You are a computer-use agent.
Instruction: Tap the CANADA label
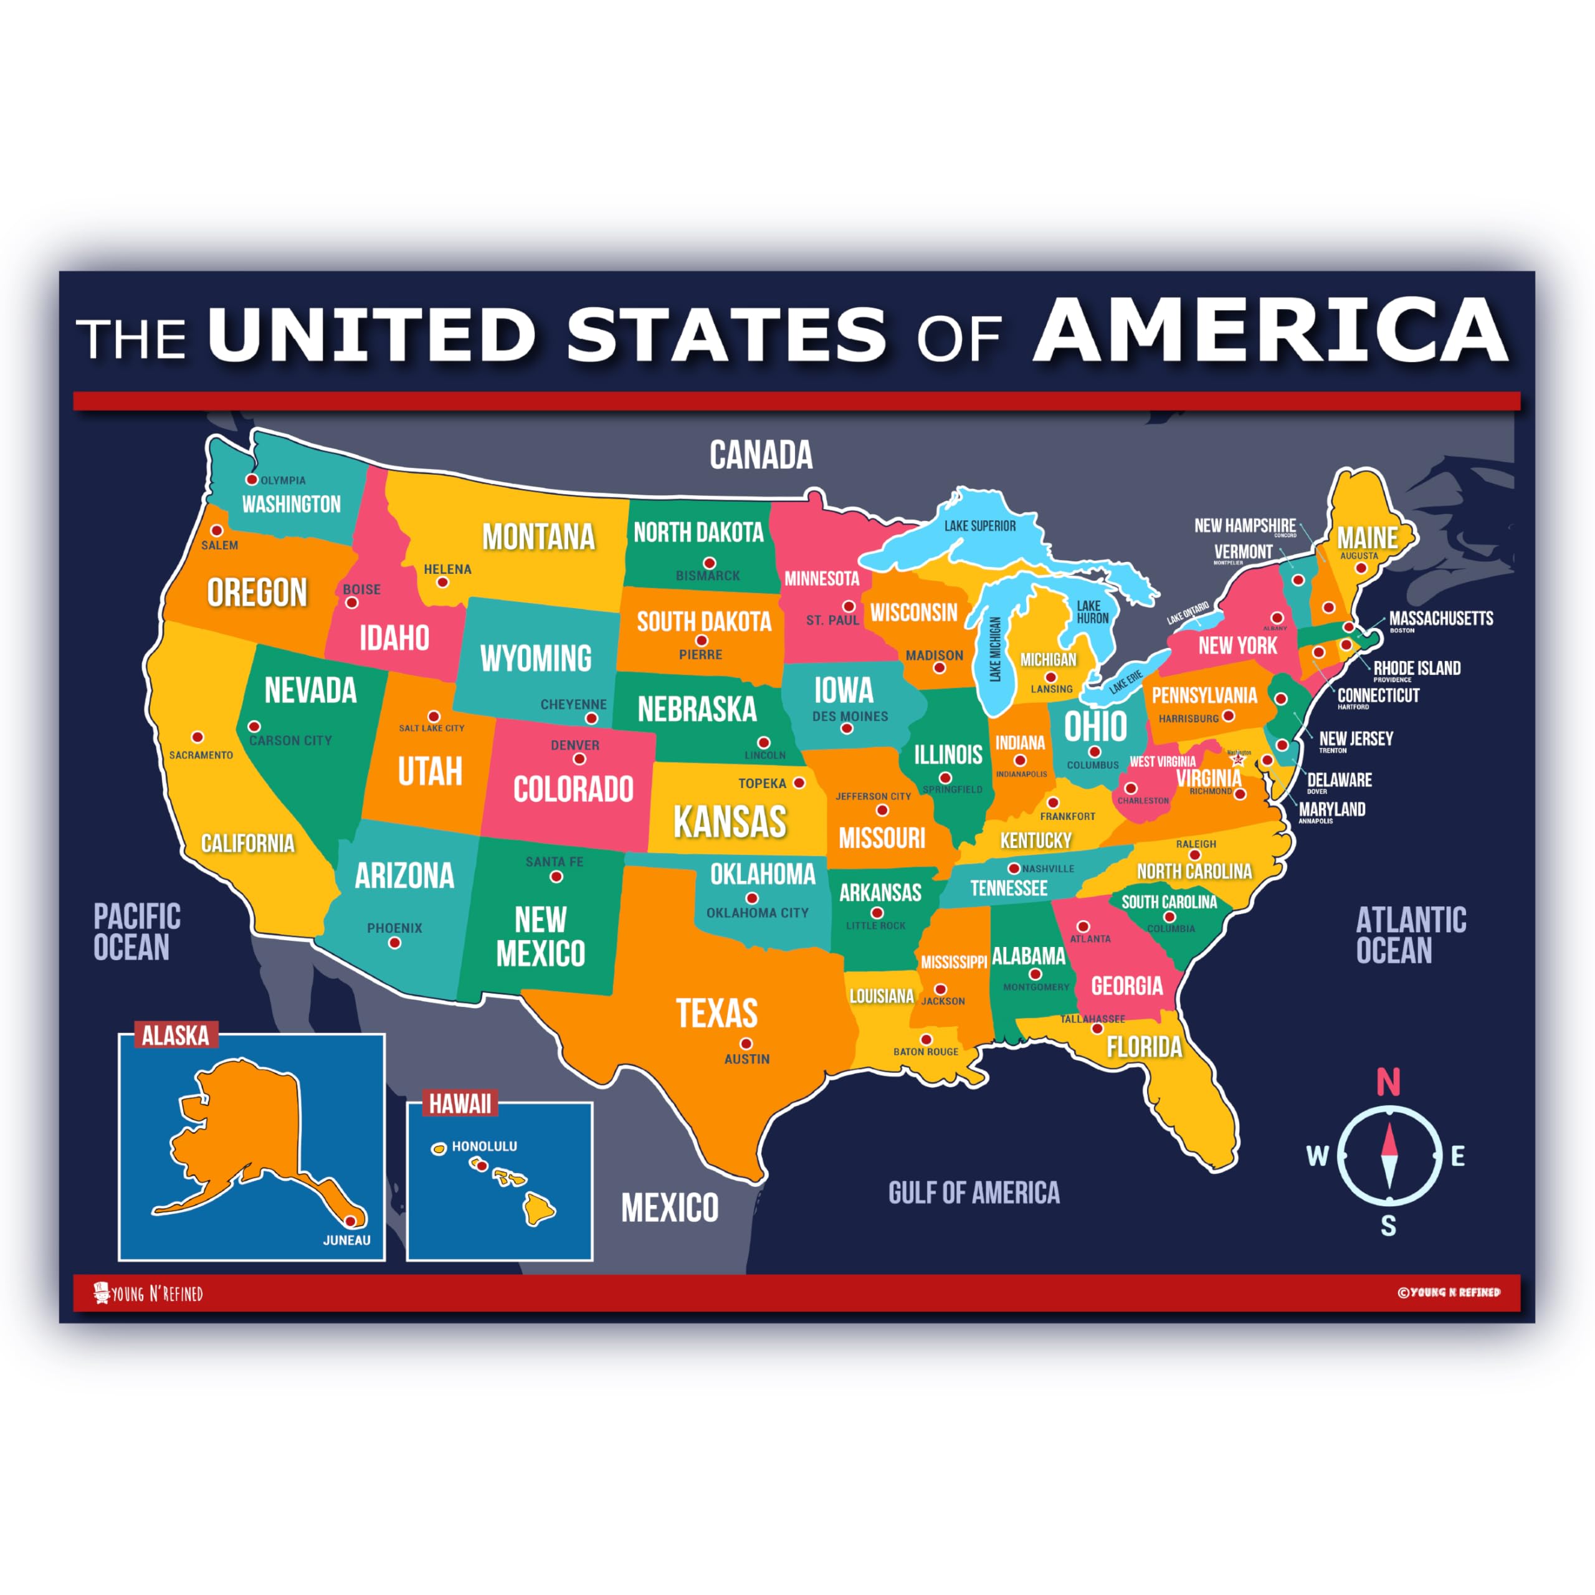pyautogui.click(x=760, y=455)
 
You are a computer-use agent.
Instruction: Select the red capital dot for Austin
pyautogui.click(x=746, y=1044)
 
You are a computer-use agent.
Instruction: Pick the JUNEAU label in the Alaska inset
pyautogui.click(x=347, y=1240)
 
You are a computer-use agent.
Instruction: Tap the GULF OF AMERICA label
pyautogui.click(x=973, y=1192)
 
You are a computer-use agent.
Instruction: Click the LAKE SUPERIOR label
pyautogui.click(x=980, y=526)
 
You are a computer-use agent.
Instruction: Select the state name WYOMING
pyautogui.click(x=536, y=658)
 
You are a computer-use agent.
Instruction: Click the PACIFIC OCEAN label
pyautogui.click(x=136, y=932)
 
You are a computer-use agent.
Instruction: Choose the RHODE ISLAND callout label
pyautogui.click(x=1417, y=668)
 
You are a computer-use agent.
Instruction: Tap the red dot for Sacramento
pyautogui.click(x=198, y=736)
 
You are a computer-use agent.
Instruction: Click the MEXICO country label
pyautogui.click(x=670, y=1208)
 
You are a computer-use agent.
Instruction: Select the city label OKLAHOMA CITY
pyautogui.click(x=757, y=912)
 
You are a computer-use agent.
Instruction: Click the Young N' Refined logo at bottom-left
pyautogui.click(x=149, y=1293)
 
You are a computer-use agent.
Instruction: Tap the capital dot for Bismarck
pyautogui.click(x=709, y=563)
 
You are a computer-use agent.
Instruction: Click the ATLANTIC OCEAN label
pyautogui.click(x=1410, y=935)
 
